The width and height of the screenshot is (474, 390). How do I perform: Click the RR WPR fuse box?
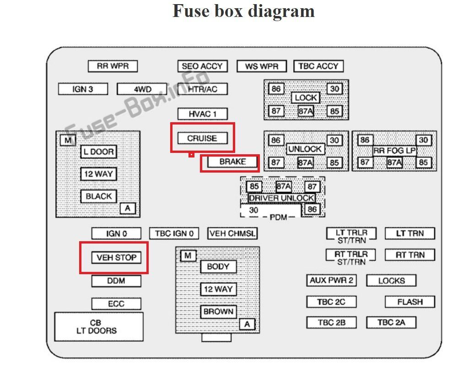113,66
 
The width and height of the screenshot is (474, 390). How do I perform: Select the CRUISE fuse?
202,138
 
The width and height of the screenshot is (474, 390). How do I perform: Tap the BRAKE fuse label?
232,162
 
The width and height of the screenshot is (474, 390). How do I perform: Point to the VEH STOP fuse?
116,257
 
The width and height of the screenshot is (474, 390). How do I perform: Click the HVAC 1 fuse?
202,113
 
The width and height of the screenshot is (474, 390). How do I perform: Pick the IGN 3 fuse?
83,89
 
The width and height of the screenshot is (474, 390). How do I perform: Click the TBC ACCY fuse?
318,66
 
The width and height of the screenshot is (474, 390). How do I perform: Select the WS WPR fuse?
261,66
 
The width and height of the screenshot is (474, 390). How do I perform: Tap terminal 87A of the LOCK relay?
306,111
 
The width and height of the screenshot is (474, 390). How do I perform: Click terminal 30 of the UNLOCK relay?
334,140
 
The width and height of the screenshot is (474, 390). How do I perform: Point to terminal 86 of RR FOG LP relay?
364,140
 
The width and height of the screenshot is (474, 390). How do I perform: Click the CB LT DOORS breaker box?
99,327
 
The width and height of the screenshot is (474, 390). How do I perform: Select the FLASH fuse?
409,302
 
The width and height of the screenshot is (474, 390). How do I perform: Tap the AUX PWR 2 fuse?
331,280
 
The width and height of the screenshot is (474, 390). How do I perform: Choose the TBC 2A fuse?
391,322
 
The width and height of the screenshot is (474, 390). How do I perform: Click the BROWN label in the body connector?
218,312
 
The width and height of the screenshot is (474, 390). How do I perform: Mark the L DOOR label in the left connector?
98,152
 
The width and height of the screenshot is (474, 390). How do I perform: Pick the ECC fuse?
116,303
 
